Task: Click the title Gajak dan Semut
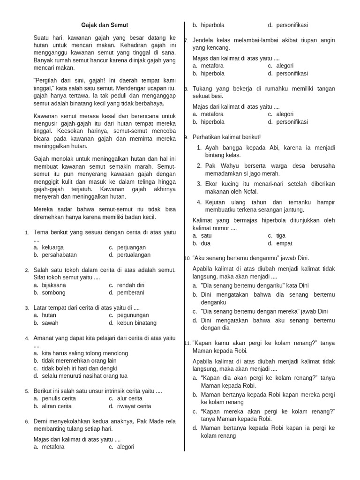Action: click(x=105, y=25)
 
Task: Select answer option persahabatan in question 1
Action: click(x=59, y=255)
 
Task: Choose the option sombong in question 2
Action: click(x=54, y=292)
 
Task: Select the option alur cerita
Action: click(x=130, y=398)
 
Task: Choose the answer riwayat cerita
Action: click(x=134, y=406)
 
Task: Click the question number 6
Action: click(x=27, y=421)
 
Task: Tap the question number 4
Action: click(x=27, y=338)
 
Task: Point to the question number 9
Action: click(x=187, y=137)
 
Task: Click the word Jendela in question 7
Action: click(x=203, y=40)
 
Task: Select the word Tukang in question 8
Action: click(x=202, y=89)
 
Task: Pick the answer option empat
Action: click(x=284, y=243)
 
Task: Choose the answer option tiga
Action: click(x=281, y=236)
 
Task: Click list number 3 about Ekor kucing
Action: click(x=199, y=184)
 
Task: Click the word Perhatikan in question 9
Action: click(x=208, y=137)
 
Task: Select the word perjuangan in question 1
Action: click(x=132, y=247)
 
